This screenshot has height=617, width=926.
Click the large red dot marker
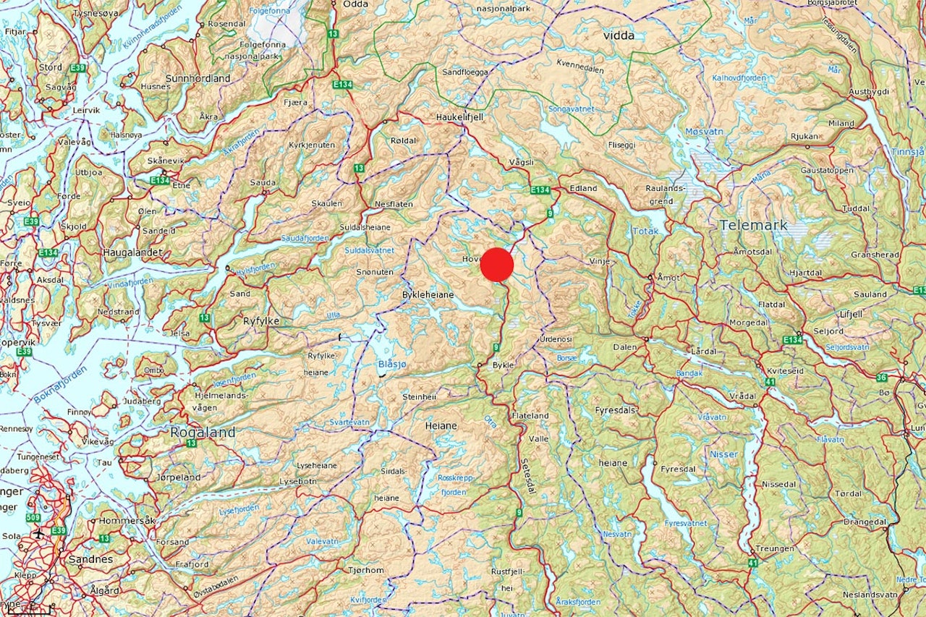tap(497, 265)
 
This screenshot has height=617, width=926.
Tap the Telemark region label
tap(753, 225)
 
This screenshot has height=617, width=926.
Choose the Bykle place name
tap(502, 365)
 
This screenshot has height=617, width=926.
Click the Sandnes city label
tap(92, 559)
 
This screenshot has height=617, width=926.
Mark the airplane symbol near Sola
tap(38, 533)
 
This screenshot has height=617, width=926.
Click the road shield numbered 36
tap(881, 377)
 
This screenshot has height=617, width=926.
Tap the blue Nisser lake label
tap(724, 454)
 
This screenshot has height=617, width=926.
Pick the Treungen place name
tap(775, 548)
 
